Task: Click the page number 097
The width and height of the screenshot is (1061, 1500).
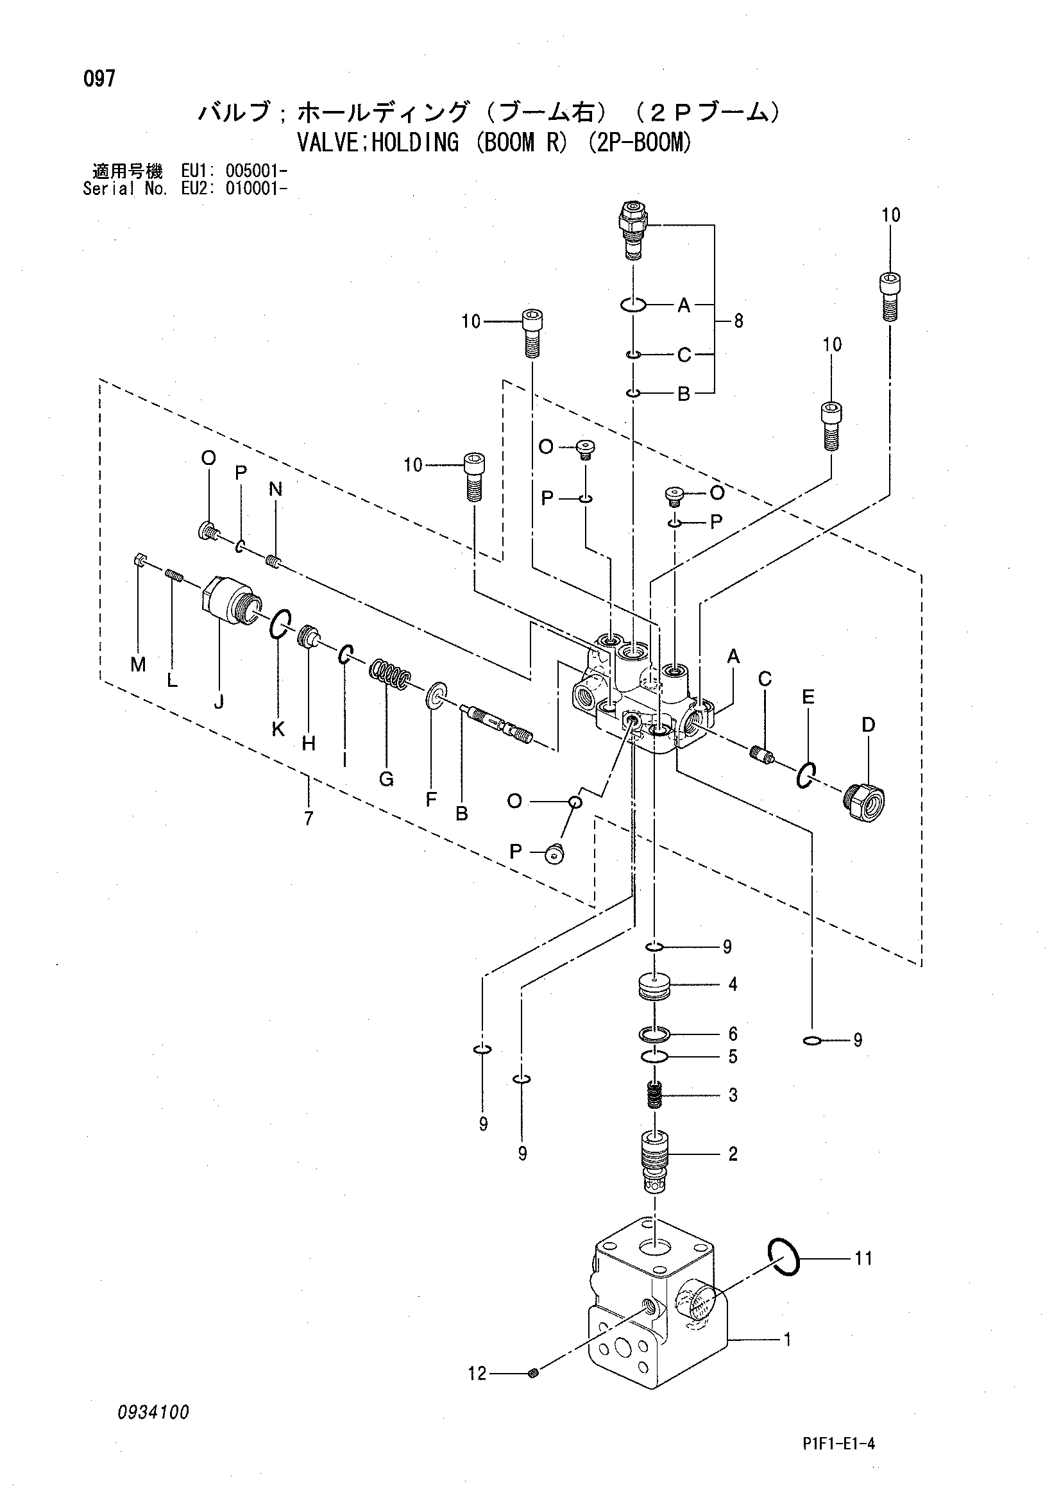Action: point(99,79)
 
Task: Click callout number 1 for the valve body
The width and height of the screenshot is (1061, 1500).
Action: point(788,1340)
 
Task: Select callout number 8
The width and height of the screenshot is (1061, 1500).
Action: point(738,321)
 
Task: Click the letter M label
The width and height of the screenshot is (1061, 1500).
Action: point(138,664)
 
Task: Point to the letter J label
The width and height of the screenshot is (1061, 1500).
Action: point(219,702)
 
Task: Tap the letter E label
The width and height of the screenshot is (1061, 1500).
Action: point(808,697)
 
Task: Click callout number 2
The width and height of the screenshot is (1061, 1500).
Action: point(733,1154)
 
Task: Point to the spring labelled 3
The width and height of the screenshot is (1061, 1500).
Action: point(655,1094)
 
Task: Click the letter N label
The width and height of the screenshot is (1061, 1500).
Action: point(275,489)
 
